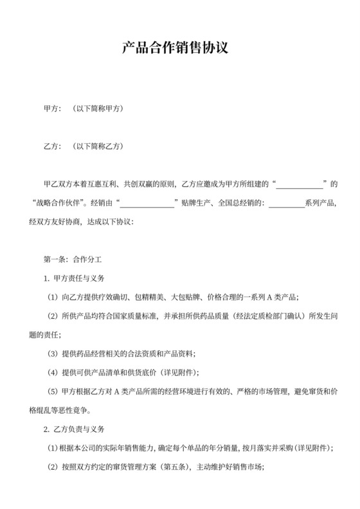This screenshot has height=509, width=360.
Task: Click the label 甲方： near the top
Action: [x=52, y=108]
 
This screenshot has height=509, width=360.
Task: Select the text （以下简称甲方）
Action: [x=97, y=108]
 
